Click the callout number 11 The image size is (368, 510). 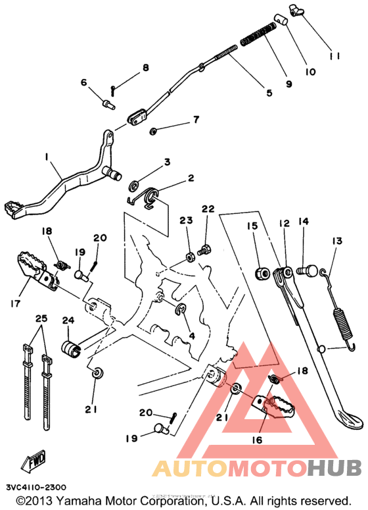click(334, 56)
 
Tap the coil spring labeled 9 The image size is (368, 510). click(258, 35)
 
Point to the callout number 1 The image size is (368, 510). click(47, 157)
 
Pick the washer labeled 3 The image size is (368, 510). click(135, 183)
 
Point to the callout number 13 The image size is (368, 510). click(336, 242)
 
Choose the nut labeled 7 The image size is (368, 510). click(153, 129)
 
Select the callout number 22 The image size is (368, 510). click(208, 209)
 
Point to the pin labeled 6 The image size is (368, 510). click(107, 103)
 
